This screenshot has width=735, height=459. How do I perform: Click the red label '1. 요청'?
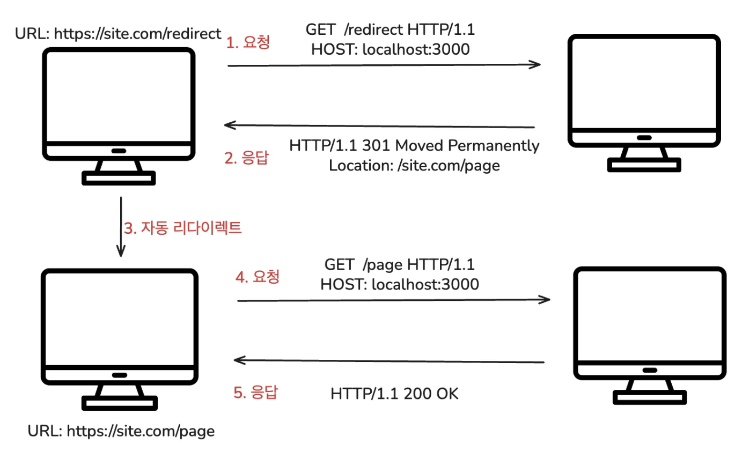pyautogui.click(x=248, y=43)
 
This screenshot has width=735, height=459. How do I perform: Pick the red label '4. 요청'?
pyautogui.click(x=258, y=277)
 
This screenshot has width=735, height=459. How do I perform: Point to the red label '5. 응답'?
pyautogui.click(x=256, y=393)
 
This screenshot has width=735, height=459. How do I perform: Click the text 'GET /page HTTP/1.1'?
pyautogui.click(x=400, y=264)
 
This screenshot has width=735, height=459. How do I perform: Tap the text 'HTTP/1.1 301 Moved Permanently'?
pyautogui.click(x=414, y=145)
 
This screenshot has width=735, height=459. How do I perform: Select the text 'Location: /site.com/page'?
pyautogui.click(x=414, y=165)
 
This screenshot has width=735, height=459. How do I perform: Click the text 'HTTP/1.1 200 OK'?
pyautogui.click(x=394, y=394)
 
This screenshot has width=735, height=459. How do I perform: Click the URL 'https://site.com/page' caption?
pyautogui.click(x=121, y=431)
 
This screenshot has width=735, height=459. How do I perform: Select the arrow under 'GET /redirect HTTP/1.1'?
pyautogui.click(x=384, y=65)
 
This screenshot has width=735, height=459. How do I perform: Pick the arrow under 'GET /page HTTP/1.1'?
pyautogui.click(x=394, y=300)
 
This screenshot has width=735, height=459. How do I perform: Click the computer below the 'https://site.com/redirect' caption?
pyautogui.click(x=119, y=116)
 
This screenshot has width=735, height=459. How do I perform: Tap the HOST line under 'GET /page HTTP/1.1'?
pyautogui.click(x=400, y=284)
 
